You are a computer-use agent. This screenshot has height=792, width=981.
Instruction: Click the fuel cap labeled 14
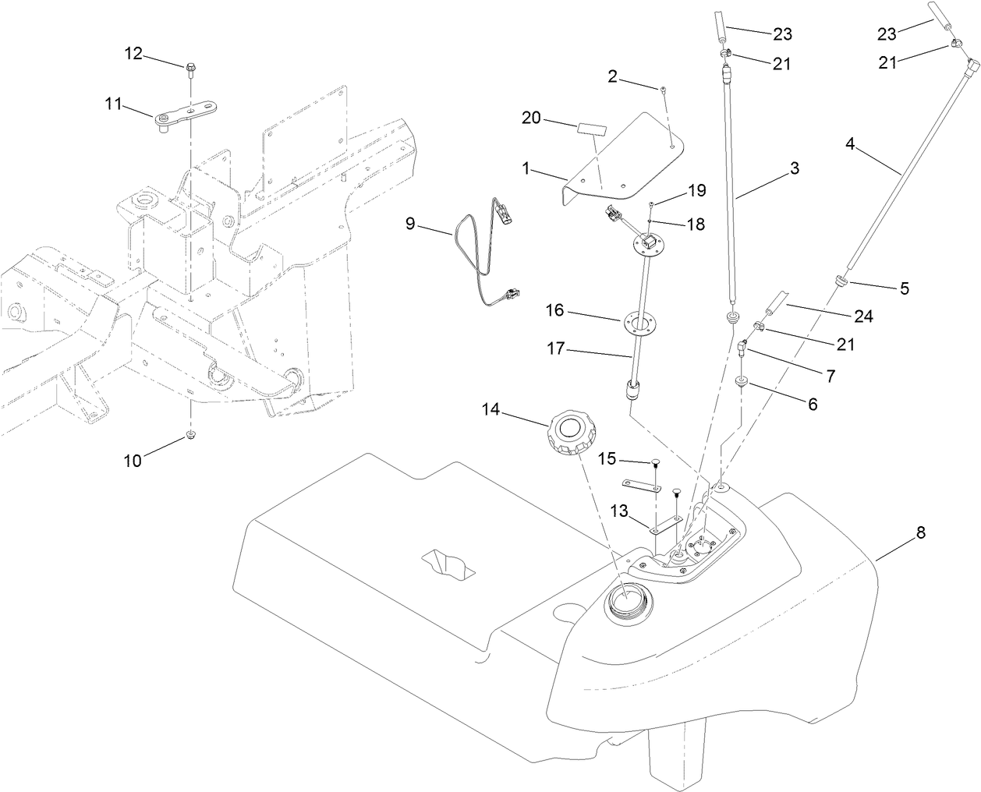571,433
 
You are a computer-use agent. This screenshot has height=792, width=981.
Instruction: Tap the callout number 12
134,53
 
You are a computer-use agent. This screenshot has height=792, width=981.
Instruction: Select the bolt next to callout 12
189,70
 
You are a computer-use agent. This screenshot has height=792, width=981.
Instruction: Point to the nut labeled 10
190,433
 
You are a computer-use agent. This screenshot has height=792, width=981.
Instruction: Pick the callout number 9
409,224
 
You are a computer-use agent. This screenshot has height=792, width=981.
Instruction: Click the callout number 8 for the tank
921,533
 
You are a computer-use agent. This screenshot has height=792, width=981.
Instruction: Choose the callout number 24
862,317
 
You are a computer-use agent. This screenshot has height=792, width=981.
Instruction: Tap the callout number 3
795,168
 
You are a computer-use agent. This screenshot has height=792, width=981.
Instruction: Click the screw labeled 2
662,90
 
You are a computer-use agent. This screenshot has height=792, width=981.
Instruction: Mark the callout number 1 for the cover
526,168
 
